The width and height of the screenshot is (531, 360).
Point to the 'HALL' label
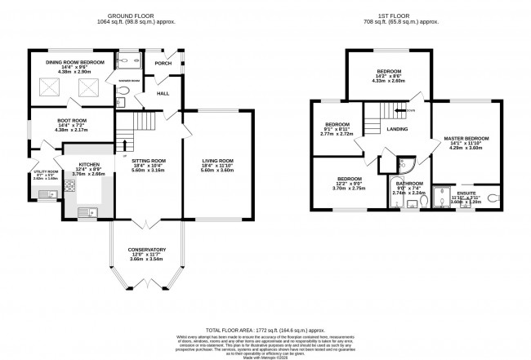163,95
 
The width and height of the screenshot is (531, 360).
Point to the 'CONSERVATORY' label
148,249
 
